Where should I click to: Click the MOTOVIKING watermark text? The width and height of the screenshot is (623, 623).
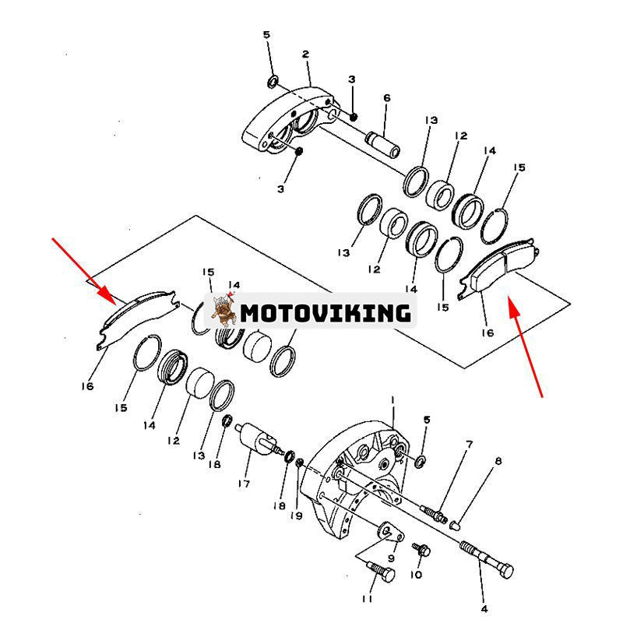click(325, 312)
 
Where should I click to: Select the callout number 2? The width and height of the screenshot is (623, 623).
click(305, 55)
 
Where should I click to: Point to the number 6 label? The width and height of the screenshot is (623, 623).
click(386, 98)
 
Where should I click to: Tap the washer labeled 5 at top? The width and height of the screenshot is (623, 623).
click(273, 82)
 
